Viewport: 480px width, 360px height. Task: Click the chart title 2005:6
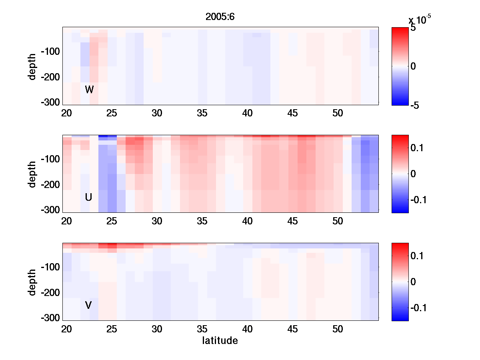[x=220, y=17]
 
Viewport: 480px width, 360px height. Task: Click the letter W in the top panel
[x=89, y=90]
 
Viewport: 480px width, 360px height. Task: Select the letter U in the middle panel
[x=88, y=197]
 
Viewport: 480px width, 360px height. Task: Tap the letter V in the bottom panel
[x=88, y=305]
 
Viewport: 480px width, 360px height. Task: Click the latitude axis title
[x=220, y=341]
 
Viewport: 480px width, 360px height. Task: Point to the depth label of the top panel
[x=32, y=66]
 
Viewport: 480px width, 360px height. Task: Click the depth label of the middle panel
[x=32, y=174]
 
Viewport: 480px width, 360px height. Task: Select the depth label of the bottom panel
[x=32, y=282]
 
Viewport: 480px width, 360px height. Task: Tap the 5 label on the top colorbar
[x=413, y=28]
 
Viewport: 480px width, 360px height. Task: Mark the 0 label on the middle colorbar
[x=413, y=174]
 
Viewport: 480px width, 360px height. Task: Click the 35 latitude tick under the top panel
[x=202, y=113]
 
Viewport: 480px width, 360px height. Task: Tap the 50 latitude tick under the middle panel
[x=338, y=221]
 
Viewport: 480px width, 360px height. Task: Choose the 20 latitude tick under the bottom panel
[x=66, y=329]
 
